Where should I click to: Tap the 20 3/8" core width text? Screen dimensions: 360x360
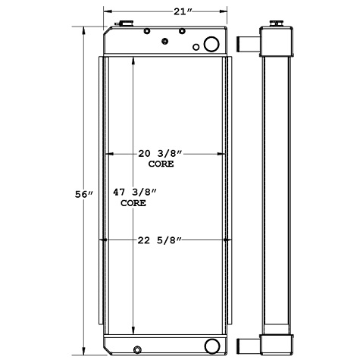(160, 154)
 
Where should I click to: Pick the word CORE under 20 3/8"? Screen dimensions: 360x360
(160, 164)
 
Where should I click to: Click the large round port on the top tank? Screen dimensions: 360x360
(211, 43)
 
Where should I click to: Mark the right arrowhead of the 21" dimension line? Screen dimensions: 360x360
(224, 11)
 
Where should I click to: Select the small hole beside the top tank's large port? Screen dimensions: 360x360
(196, 48)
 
